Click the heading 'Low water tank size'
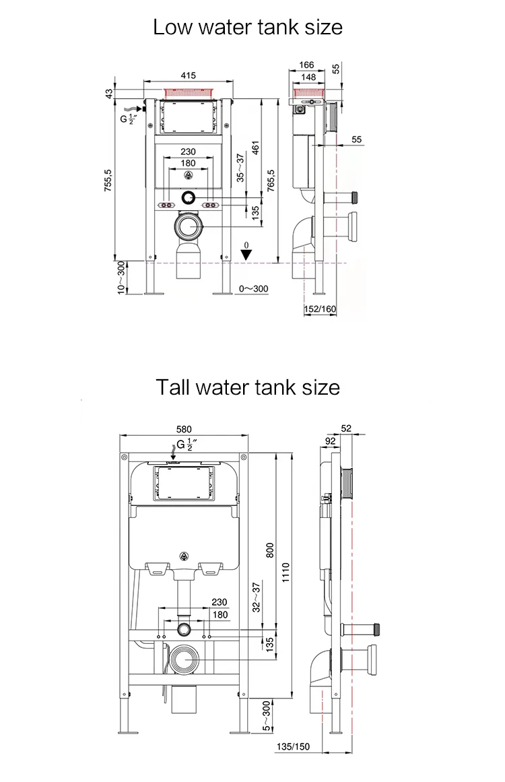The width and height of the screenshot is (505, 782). pyautogui.click(x=248, y=27)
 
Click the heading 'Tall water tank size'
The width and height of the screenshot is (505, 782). pyautogui.click(x=248, y=388)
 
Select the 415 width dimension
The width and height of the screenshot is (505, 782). pyautogui.click(x=189, y=75)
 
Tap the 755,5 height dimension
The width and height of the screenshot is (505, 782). pyautogui.click(x=108, y=181)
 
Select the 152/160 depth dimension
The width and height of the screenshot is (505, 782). pyautogui.click(x=320, y=308)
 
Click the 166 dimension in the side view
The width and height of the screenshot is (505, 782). pyautogui.click(x=306, y=65)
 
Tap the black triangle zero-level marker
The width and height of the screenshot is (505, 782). pyautogui.click(x=247, y=255)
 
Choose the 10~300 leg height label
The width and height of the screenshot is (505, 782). pyautogui.click(x=121, y=278)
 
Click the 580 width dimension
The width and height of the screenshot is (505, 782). pyautogui.click(x=184, y=429)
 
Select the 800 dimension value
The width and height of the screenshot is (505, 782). pyautogui.click(x=270, y=550)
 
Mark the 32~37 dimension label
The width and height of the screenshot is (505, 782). pyautogui.click(x=256, y=596)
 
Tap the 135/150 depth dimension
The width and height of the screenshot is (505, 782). pyautogui.click(x=294, y=746)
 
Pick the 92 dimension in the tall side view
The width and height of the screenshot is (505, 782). pyautogui.click(x=331, y=441)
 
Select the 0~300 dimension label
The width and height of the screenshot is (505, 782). pyautogui.click(x=254, y=289)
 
